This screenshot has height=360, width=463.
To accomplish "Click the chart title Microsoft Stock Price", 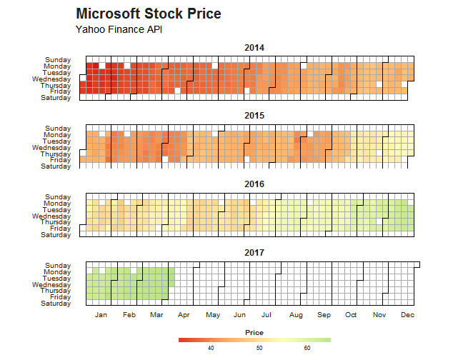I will pyautogui.click(x=148, y=14).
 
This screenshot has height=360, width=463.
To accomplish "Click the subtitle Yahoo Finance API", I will pyautogui.click(x=119, y=29).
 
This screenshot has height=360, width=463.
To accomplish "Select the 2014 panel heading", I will pyautogui.click(x=254, y=48).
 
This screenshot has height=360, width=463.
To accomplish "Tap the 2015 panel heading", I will pyautogui.click(x=254, y=116).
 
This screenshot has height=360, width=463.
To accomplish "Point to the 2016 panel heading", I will pyautogui.click(x=254, y=184).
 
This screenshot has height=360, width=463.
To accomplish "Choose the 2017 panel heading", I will pyautogui.click(x=254, y=253).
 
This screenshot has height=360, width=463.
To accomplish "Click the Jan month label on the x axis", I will pyautogui.click(x=101, y=314).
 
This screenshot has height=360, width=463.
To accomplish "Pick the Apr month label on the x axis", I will pyautogui.click(x=184, y=314).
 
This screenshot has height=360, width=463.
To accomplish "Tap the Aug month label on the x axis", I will pyautogui.click(x=296, y=314).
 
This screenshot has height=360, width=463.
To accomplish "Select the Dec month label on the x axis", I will pyautogui.click(x=408, y=314).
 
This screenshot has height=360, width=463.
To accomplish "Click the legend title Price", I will pyautogui.click(x=254, y=333).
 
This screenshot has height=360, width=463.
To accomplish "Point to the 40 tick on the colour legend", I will pyautogui.click(x=211, y=349).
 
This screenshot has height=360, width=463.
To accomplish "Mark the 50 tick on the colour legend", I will pyautogui.click(x=259, y=349).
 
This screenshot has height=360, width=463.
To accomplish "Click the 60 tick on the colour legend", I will pyautogui.click(x=307, y=349).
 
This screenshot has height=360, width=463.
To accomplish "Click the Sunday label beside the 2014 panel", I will pyautogui.click(x=57, y=60).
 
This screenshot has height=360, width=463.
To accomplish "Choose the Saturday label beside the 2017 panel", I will pyautogui.click(x=56, y=304).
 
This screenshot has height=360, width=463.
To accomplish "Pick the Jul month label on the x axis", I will pyautogui.click(x=267, y=314).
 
